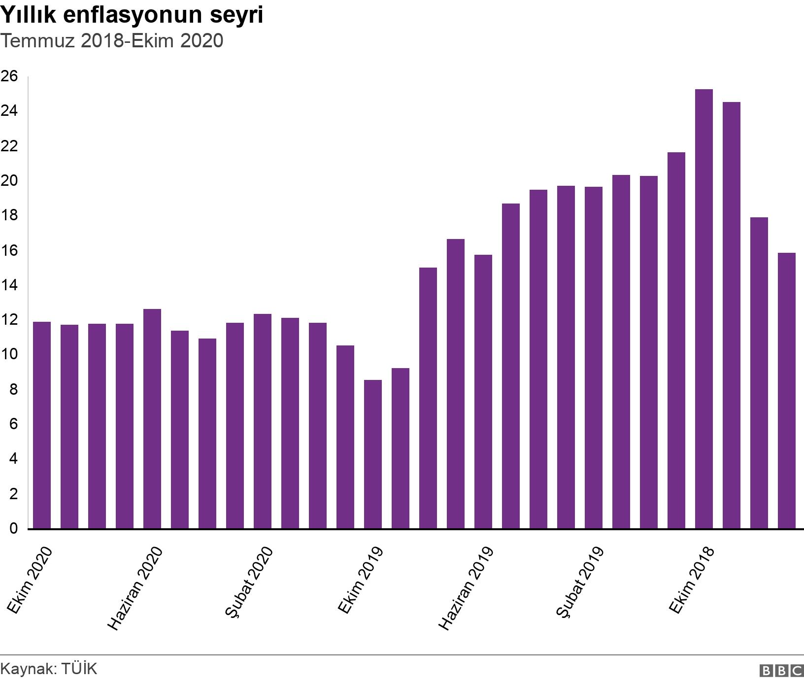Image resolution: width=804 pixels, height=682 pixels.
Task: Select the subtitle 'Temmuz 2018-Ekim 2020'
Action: (112, 41)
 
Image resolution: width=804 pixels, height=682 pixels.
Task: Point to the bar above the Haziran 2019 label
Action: (483, 391)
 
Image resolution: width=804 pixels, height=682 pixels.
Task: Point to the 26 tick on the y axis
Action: (9, 76)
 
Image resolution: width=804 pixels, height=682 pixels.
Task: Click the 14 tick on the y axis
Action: (9, 285)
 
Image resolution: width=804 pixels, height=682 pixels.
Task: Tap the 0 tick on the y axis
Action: (13, 528)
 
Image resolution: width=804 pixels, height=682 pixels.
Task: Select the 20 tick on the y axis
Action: (9, 181)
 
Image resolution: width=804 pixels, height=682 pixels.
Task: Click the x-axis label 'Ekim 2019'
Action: (361, 580)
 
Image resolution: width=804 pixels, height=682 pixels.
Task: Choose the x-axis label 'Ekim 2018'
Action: (692, 580)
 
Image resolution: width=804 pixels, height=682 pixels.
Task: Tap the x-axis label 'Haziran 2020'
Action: (135, 588)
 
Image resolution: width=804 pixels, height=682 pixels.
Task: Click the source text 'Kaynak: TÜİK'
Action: (49, 669)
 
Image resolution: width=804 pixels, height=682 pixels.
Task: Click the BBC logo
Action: (781, 670)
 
